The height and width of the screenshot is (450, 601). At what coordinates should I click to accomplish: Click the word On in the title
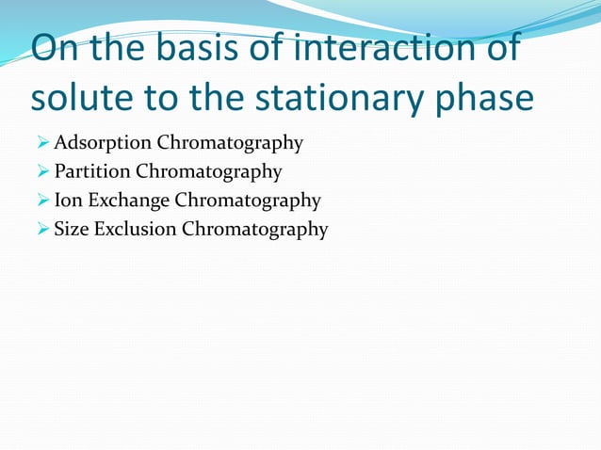click(x=58, y=50)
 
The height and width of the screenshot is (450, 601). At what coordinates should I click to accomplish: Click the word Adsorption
click(x=103, y=144)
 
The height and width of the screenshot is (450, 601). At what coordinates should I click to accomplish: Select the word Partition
click(x=92, y=172)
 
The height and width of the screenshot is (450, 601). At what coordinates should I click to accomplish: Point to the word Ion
click(x=69, y=201)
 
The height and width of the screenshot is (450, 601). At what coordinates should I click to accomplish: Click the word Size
click(x=72, y=229)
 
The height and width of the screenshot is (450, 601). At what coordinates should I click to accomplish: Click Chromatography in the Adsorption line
click(x=230, y=144)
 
